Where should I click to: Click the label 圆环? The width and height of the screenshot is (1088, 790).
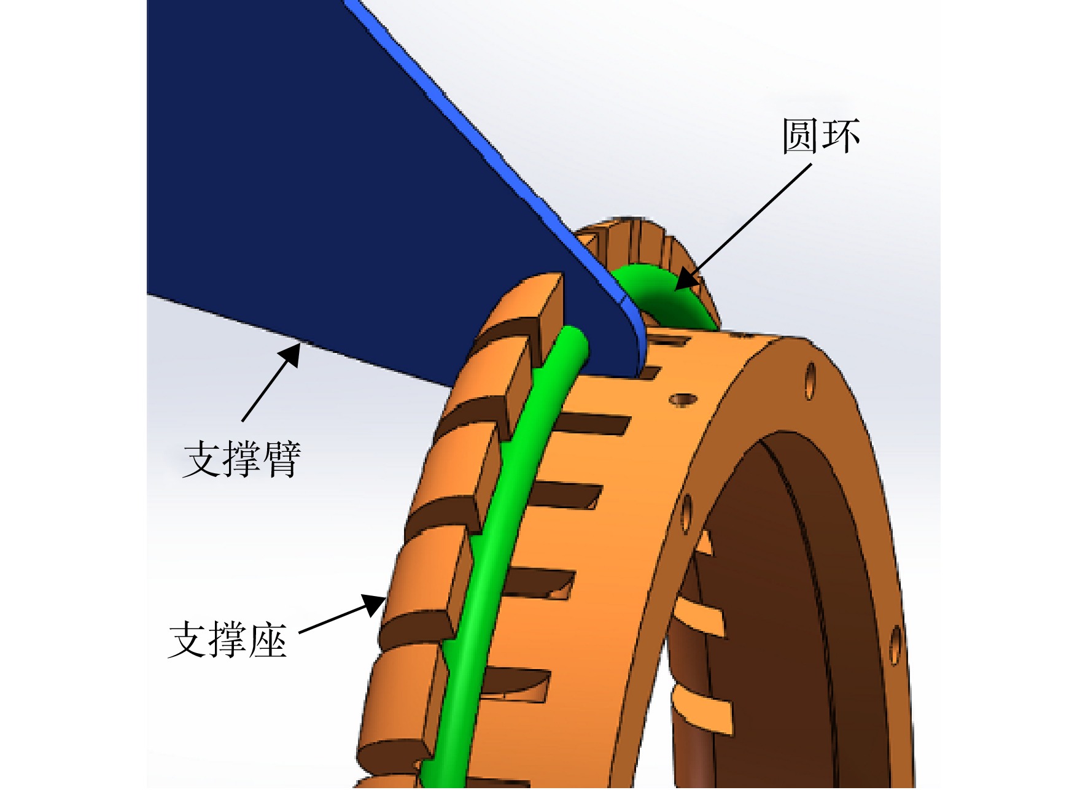(820, 136)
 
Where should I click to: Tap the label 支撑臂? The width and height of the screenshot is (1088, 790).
(243, 459)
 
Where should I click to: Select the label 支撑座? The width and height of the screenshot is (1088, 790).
(228, 640)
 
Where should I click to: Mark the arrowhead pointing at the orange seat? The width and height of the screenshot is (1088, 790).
(373, 604)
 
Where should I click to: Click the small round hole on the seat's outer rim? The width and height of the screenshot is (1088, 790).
(682, 400)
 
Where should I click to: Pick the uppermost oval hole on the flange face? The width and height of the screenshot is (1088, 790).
(810, 381)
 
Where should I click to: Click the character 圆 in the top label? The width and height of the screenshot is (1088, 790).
(801, 136)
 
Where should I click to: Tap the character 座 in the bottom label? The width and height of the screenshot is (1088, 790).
(268, 640)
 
